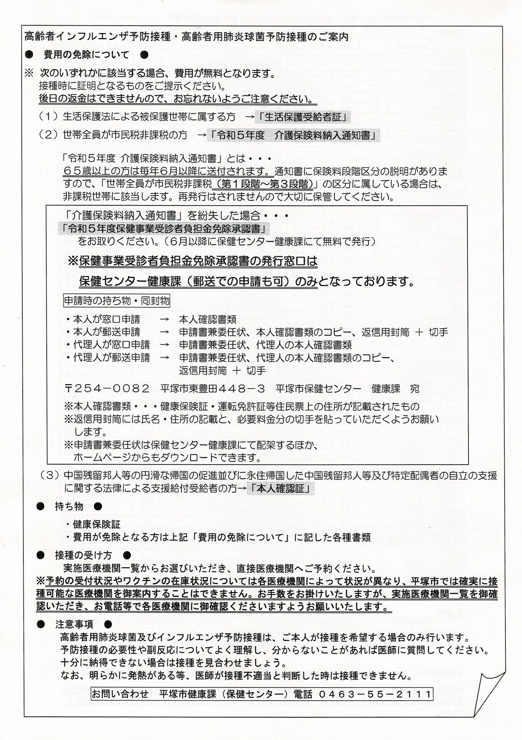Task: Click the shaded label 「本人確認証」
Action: [280, 489]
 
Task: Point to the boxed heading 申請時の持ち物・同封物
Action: [117, 301]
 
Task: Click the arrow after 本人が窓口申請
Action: [164, 320]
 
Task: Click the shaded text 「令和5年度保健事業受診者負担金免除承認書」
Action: [164, 229]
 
